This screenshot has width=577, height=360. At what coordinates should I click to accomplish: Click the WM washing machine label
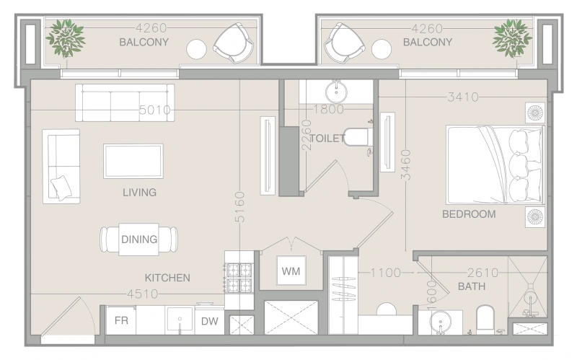pos(291,271)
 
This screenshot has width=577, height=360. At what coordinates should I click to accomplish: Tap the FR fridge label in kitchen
pos(121,320)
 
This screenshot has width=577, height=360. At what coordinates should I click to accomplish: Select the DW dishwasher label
pos(209,321)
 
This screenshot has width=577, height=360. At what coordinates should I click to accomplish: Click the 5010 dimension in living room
pos(155,110)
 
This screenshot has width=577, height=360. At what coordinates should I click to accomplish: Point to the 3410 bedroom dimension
pos(463,97)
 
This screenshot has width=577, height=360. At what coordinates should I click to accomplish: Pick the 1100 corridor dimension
pos(385,273)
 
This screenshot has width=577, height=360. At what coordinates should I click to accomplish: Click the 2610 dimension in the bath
pos(483,273)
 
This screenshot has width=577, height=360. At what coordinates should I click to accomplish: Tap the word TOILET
pos(327,139)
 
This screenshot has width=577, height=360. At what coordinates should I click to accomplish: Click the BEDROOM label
pos(469,214)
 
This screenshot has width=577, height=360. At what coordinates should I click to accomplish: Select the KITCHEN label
pos(167,278)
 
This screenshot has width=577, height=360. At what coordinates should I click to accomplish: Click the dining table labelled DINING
pos(138,240)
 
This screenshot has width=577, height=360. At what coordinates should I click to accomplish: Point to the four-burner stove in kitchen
pos(239,278)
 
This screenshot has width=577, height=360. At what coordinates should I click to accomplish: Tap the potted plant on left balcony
pos(66,38)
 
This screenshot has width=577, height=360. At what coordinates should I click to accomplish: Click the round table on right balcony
pos(382,49)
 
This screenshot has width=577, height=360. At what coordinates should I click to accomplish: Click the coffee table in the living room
pos(133,161)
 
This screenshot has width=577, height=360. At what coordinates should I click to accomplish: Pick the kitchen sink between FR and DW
pos(180,320)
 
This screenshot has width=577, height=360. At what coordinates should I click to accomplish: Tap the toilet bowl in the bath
pos(485,319)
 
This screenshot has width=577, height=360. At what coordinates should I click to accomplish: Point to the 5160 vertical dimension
pos(239,206)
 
